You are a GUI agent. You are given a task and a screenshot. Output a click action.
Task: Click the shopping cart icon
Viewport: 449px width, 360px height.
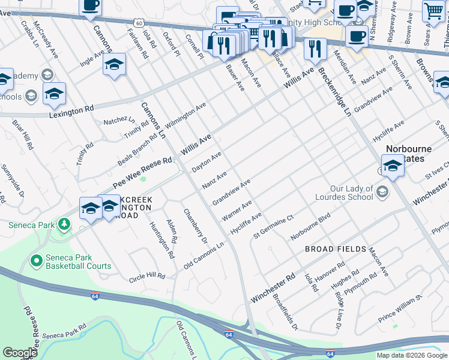pos(433,11)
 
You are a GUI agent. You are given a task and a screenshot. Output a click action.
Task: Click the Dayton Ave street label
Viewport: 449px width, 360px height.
pos(206,162)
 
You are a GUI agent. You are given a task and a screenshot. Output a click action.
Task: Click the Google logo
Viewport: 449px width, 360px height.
pos(19,353)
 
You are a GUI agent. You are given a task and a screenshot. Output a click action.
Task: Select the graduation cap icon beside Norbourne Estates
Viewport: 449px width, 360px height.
pos(393,166)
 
